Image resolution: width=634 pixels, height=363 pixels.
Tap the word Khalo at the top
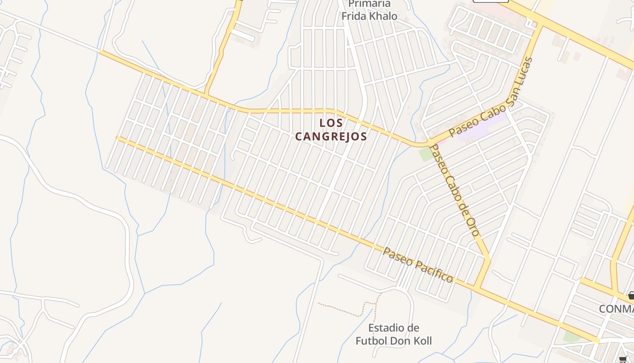click(383, 16)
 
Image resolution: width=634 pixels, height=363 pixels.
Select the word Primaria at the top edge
click(369, 4)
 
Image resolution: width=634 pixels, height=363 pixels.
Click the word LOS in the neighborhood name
click(331, 123)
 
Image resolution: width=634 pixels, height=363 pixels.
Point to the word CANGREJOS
click(331, 136)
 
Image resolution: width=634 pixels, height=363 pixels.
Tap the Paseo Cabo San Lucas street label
click(491, 98)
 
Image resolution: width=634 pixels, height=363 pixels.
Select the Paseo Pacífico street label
click(418, 265)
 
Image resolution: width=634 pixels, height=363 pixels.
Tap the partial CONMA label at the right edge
click(616, 309)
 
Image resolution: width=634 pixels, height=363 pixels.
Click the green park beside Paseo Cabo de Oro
click(426, 154)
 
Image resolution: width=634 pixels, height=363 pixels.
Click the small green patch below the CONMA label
click(572, 336)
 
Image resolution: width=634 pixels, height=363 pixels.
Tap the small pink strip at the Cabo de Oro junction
click(442, 142)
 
